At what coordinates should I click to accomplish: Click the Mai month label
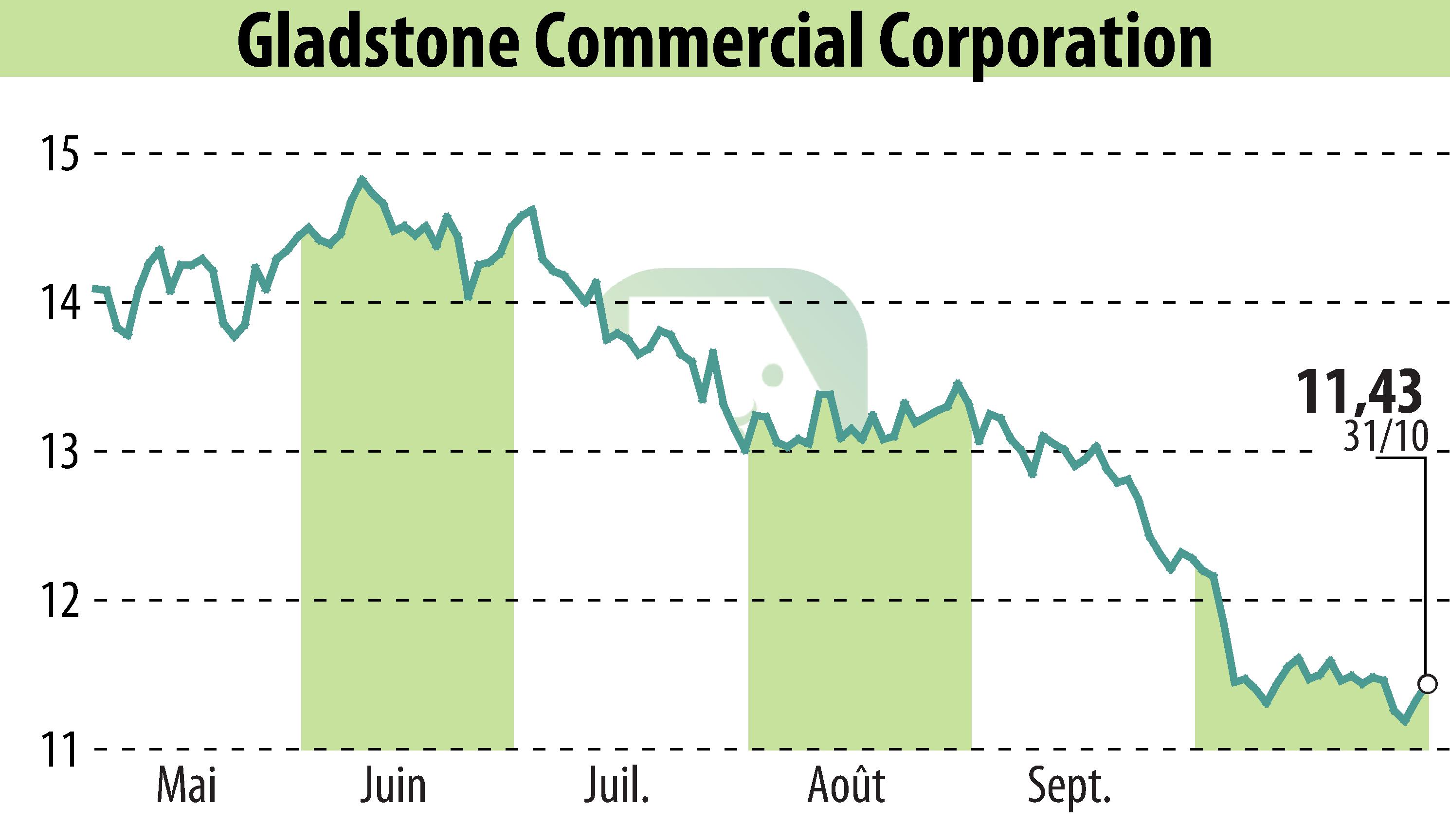tap(187, 785)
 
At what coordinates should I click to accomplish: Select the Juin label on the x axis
tap(393, 785)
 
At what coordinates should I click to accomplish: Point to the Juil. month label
tap(616, 785)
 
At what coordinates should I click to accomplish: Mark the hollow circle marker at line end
tap(1428, 684)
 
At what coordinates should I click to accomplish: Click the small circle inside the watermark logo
tap(772, 374)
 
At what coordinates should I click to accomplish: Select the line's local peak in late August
tap(957, 383)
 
